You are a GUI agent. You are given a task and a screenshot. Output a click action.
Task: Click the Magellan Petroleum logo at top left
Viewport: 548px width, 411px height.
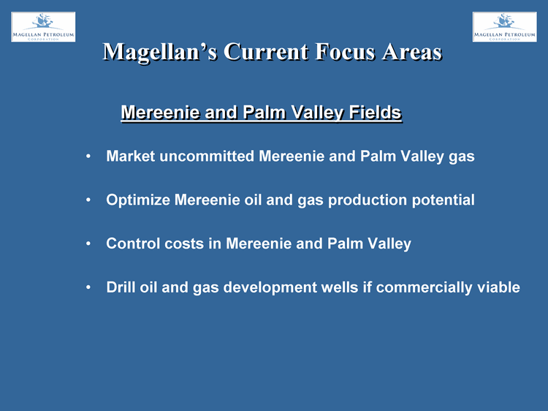[43, 27]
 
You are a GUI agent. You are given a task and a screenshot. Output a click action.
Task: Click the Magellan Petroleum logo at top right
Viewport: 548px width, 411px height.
[505, 27]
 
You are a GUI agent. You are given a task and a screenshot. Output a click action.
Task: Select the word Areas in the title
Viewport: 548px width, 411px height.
[412, 52]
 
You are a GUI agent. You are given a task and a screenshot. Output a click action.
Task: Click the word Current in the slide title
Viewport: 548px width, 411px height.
[266, 52]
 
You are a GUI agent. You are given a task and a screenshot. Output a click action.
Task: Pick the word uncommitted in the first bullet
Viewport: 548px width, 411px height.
[207, 156]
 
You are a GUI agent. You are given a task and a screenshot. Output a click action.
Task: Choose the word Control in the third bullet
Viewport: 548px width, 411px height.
[133, 244]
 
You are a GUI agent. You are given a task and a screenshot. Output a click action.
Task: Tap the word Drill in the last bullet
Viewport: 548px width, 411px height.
[121, 287]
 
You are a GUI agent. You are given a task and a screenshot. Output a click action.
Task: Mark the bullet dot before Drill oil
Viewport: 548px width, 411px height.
[88, 287]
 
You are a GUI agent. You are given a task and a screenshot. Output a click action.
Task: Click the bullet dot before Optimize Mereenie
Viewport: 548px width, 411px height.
[88, 200]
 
